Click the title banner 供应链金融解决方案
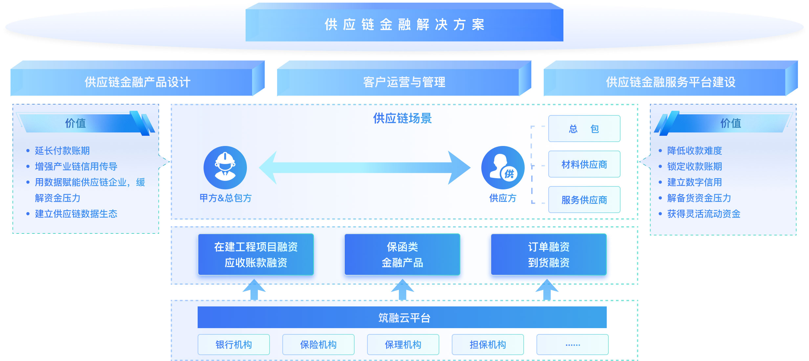pos(404,25)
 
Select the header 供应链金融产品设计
pos(137,82)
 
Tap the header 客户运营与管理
pos(404,82)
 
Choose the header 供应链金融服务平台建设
pos(670,82)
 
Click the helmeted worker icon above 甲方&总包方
pos(225,167)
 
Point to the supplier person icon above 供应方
pos(503,167)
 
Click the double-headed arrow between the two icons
pos(364,168)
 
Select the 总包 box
pos(584,129)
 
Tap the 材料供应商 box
pos(584,164)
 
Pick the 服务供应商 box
pos(584,200)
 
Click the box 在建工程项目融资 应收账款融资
pos(256,254)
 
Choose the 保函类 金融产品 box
pos(402,254)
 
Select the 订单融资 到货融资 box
pos(549,254)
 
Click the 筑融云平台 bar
pos(402,317)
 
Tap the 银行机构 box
pos(233,345)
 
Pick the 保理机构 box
pos(403,345)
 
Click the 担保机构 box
pos(488,345)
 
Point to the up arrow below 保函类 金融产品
pos(402,290)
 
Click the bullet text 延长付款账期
pos(62,151)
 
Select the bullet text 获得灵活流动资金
pos(704,214)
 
